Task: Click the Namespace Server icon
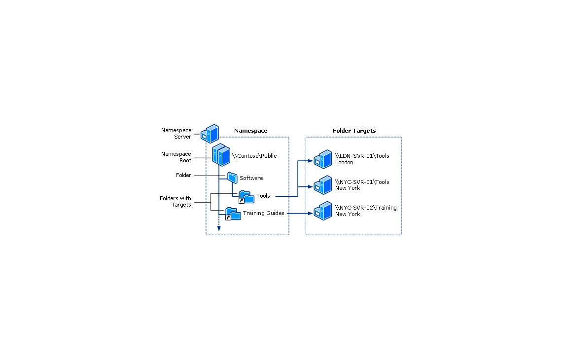[x=210, y=134]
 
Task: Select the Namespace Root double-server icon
[x=221, y=155]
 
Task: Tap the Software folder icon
[x=232, y=178]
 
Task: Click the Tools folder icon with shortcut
[x=246, y=197]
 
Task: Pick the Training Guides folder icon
[x=233, y=214]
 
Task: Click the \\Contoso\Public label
[x=254, y=156]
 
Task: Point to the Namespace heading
[x=250, y=131]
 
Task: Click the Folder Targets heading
[x=354, y=131]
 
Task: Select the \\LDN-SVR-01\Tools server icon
[x=323, y=159]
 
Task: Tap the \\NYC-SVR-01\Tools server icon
[x=323, y=185]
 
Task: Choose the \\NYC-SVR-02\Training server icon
[x=323, y=211]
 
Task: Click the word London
[x=344, y=162]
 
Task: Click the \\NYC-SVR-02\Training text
[x=366, y=208]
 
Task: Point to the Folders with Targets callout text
[x=176, y=202]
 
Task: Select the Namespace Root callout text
[x=176, y=157]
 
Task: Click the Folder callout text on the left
[x=183, y=176]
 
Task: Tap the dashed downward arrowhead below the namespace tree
[x=218, y=229]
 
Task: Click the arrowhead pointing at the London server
[x=311, y=161]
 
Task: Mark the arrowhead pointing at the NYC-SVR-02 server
[x=311, y=214]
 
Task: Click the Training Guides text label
[x=263, y=213]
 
